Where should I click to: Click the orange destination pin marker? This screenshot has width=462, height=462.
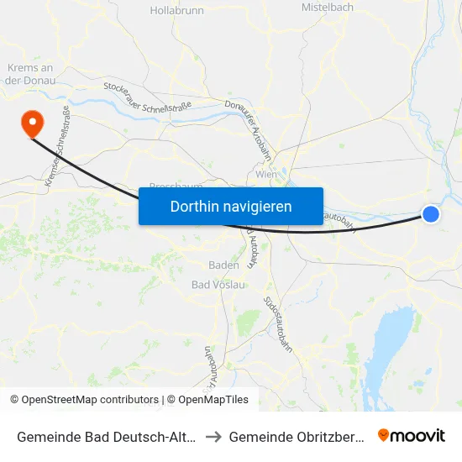coord(33,124)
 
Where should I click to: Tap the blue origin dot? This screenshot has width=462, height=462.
coord(430,214)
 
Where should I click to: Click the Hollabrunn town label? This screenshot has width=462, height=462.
coord(172,11)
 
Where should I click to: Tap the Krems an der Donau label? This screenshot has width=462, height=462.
coord(30,74)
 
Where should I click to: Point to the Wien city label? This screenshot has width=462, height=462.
coord(266,174)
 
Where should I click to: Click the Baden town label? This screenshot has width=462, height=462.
coord(224,265)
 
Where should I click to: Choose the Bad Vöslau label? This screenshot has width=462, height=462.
coord(218,285)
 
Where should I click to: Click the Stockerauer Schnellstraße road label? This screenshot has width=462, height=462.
coord(147,97)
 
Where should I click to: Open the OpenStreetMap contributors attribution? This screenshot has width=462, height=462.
coord(84,400)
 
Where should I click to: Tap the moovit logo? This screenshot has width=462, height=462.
coord(411,435)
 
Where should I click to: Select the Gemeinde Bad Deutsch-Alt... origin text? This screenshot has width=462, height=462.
coord(106,436)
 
